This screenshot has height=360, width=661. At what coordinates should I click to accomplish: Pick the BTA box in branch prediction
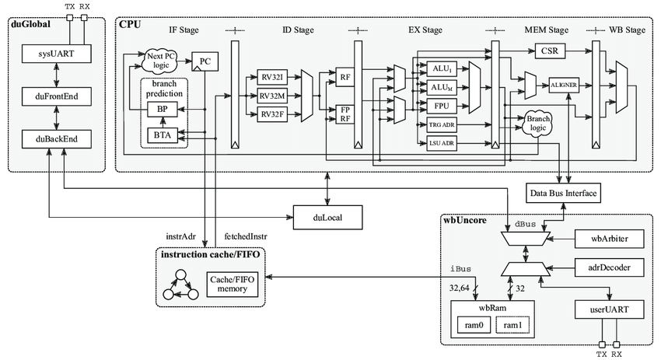pyautogui.click(x=163, y=135)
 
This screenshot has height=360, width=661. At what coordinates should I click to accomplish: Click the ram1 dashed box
pyautogui.click(x=513, y=324)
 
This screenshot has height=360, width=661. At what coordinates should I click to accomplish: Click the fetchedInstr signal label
pyautogui.click(x=247, y=235)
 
